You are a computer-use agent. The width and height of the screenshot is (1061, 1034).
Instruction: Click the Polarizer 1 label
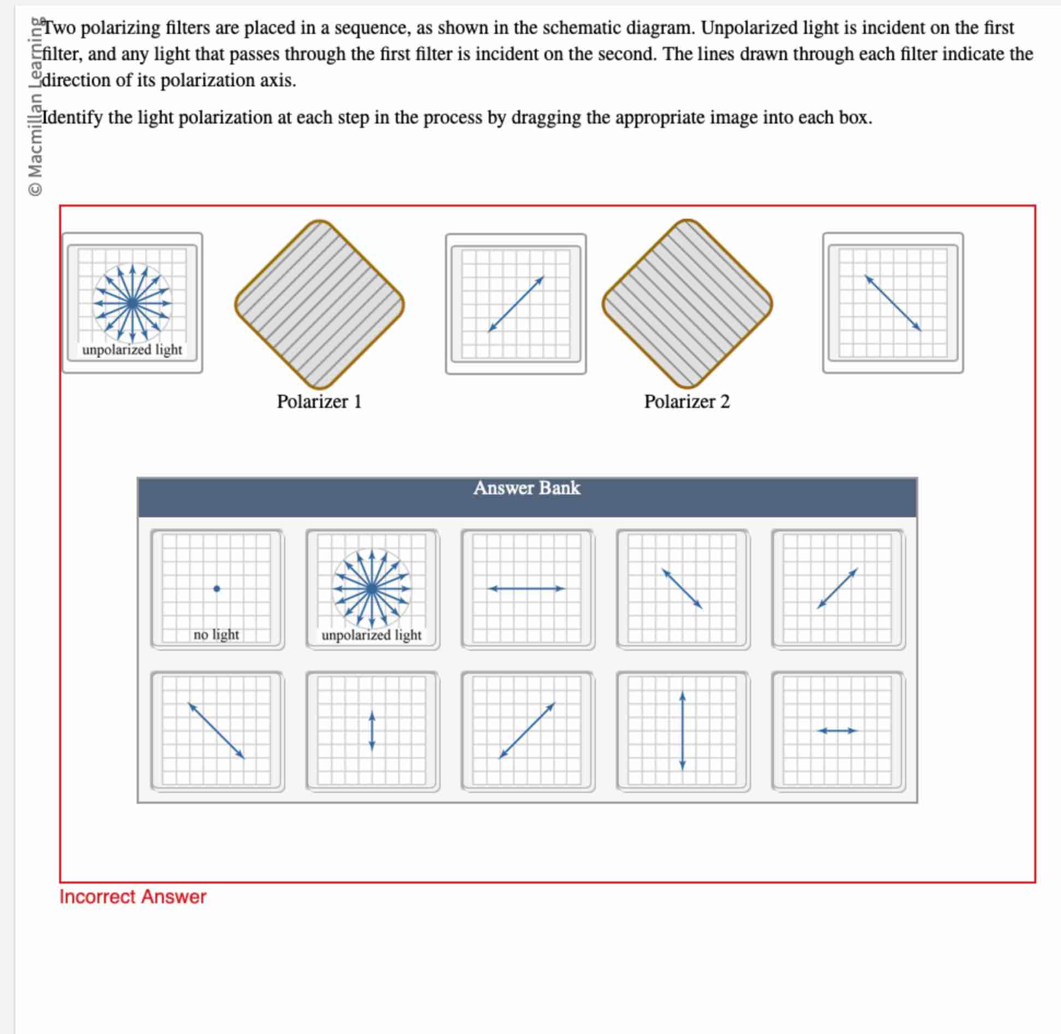(x=319, y=401)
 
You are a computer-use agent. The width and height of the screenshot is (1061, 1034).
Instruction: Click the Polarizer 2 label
(x=687, y=401)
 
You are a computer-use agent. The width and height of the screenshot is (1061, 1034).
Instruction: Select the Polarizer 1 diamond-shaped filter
(x=319, y=304)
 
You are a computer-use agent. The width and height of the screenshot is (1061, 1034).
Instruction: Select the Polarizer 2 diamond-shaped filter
(x=687, y=304)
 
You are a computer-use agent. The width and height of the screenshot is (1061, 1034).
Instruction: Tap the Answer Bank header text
(x=526, y=488)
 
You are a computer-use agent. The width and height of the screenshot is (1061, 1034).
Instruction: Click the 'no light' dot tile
(x=217, y=589)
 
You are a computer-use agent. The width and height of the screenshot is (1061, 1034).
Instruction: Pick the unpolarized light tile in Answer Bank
(x=372, y=589)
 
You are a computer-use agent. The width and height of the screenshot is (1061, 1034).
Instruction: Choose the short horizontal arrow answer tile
(x=837, y=731)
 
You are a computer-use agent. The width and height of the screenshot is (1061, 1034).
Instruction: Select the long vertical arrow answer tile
(x=682, y=731)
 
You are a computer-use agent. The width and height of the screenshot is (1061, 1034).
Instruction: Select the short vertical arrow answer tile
(x=372, y=731)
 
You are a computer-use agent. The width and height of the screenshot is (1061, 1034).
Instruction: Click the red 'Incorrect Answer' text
(x=133, y=897)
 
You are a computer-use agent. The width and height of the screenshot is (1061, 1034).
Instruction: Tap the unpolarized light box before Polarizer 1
(x=132, y=303)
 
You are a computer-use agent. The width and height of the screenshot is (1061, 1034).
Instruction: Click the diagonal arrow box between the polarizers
(x=515, y=304)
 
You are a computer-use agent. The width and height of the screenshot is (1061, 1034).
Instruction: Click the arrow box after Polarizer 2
(x=893, y=303)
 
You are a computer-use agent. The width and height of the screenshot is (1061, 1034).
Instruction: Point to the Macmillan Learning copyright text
(x=36, y=107)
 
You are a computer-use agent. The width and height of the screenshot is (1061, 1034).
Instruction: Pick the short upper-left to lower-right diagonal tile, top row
(x=682, y=589)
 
